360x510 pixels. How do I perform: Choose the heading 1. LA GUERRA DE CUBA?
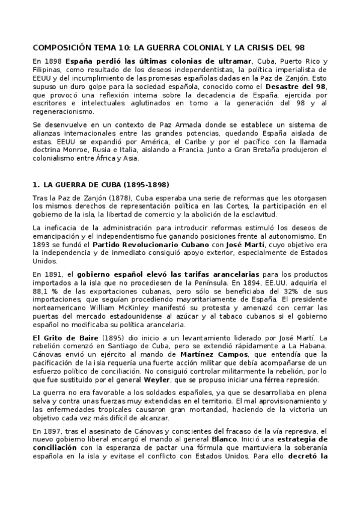click(100, 184)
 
